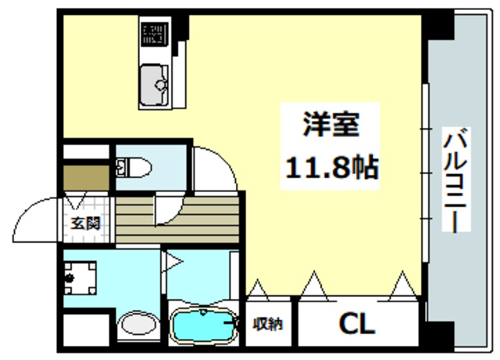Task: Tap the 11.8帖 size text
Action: (330, 166)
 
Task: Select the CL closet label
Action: (355, 322)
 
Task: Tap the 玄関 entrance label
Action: (86, 223)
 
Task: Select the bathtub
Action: (202, 326)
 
